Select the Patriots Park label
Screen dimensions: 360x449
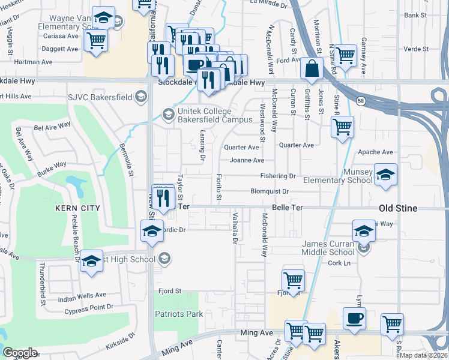click(179, 314)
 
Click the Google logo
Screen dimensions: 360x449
click(20, 352)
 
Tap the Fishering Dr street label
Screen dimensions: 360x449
click(277, 176)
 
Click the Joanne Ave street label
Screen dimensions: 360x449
click(246, 160)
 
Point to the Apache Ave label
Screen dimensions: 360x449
click(375, 152)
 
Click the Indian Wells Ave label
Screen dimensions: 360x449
click(82, 296)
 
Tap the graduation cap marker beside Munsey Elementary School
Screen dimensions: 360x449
click(386, 173)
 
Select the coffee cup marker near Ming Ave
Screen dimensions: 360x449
click(354, 317)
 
